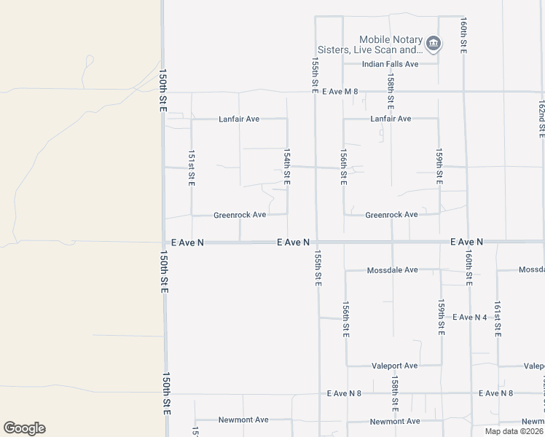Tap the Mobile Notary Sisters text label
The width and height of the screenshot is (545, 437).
[x=390, y=45]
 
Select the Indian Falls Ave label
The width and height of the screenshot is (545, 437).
[x=391, y=64]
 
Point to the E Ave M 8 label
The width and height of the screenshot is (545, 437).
[x=342, y=91]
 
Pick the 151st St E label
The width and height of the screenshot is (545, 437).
[x=191, y=168]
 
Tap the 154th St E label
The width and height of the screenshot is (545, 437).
[x=287, y=168]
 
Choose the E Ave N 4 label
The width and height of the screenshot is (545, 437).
[x=469, y=318]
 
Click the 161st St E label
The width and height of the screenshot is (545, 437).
[x=498, y=318]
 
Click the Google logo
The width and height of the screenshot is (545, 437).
[x=24, y=428]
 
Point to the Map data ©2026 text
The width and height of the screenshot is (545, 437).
[x=514, y=431]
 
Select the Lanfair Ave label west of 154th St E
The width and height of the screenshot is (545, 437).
[x=239, y=119]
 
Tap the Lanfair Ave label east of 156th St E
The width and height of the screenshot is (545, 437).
[x=391, y=119]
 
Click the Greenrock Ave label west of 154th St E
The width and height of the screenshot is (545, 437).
[x=239, y=215]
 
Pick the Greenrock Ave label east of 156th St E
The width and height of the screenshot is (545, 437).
[x=391, y=215]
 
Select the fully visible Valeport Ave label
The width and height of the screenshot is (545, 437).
[x=394, y=366]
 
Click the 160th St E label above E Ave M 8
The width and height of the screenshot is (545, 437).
[x=463, y=36]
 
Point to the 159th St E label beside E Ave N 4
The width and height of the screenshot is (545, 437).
[x=441, y=317]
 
